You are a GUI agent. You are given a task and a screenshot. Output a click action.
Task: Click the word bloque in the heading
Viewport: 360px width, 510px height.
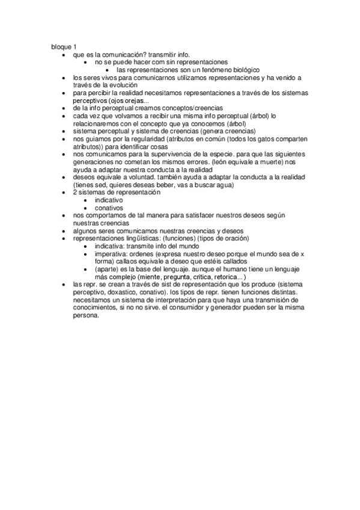pos(60,46)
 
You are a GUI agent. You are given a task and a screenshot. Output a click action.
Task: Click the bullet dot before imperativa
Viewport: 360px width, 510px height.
pos(88,254)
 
